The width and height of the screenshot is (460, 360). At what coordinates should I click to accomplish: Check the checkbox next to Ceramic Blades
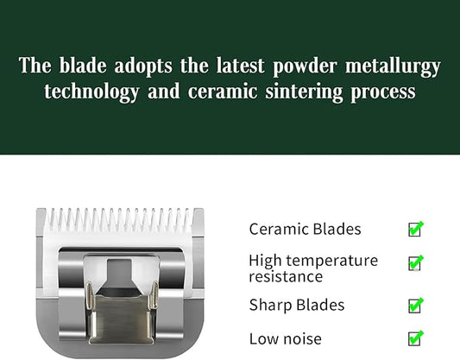pyautogui.click(x=415, y=230)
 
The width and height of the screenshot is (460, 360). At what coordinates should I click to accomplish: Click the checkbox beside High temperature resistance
pyautogui.click(x=415, y=263)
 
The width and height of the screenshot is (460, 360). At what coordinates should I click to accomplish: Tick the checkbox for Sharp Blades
pyautogui.click(x=415, y=306)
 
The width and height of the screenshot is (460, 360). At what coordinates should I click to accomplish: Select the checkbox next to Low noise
pyautogui.click(x=415, y=338)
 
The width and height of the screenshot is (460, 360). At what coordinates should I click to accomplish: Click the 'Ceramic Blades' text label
pyautogui.click(x=305, y=230)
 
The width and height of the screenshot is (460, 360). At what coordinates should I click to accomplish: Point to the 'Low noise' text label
pyautogui.click(x=285, y=338)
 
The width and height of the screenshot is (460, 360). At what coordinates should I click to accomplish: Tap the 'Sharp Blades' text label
pyautogui.click(x=296, y=305)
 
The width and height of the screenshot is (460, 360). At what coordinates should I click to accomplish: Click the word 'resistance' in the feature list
pyautogui.click(x=286, y=277)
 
